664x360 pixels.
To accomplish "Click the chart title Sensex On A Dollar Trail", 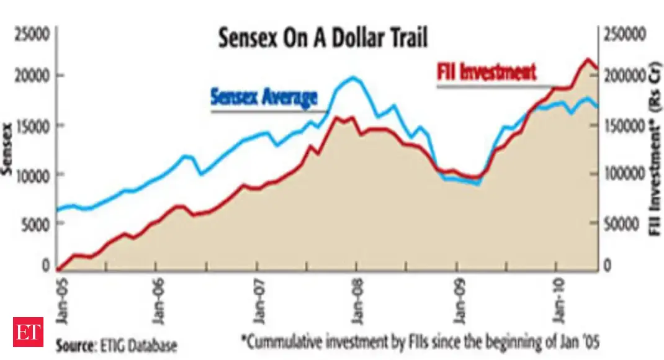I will pos(323,39).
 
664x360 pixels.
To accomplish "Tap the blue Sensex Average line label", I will pos(264,97).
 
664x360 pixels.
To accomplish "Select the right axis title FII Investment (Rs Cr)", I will pos(653,149).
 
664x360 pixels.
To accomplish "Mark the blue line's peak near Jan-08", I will pos(353,78).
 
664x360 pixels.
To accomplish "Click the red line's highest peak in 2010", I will pos(587,59).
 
